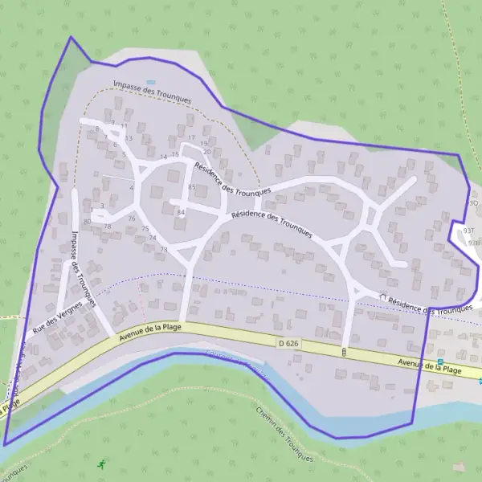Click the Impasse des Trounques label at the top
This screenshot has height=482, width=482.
pyautogui.click(x=153, y=92)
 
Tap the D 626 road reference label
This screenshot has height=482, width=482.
pyautogui.click(x=288, y=343)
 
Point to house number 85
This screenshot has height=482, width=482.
pyautogui.click(x=191, y=187)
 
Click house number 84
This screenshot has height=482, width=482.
pyautogui.click(x=181, y=212)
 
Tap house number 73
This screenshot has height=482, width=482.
pyautogui.click(x=163, y=250)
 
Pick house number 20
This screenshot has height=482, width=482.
pyautogui.click(x=206, y=151)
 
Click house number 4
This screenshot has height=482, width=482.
pyautogui.click(x=131, y=188)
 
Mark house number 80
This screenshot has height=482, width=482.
pyautogui.click(x=87, y=221)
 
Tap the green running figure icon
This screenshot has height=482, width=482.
pyautogui.click(x=101, y=464)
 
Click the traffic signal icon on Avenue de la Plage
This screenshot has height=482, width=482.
pyautogui.click(x=344, y=352)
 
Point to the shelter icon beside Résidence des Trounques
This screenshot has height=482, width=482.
pyautogui.click(x=383, y=297)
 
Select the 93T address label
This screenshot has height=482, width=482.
pyautogui.click(x=469, y=229)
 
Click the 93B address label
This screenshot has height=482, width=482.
pyautogui.click(x=473, y=242)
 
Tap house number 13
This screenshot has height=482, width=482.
pyautogui.click(x=128, y=138)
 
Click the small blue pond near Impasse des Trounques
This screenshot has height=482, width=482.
pyautogui.click(x=150, y=81)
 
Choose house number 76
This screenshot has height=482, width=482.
pyautogui.click(x=131, y=219)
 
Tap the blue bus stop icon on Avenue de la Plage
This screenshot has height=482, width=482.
pyautogui.click(x=439, y=362)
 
